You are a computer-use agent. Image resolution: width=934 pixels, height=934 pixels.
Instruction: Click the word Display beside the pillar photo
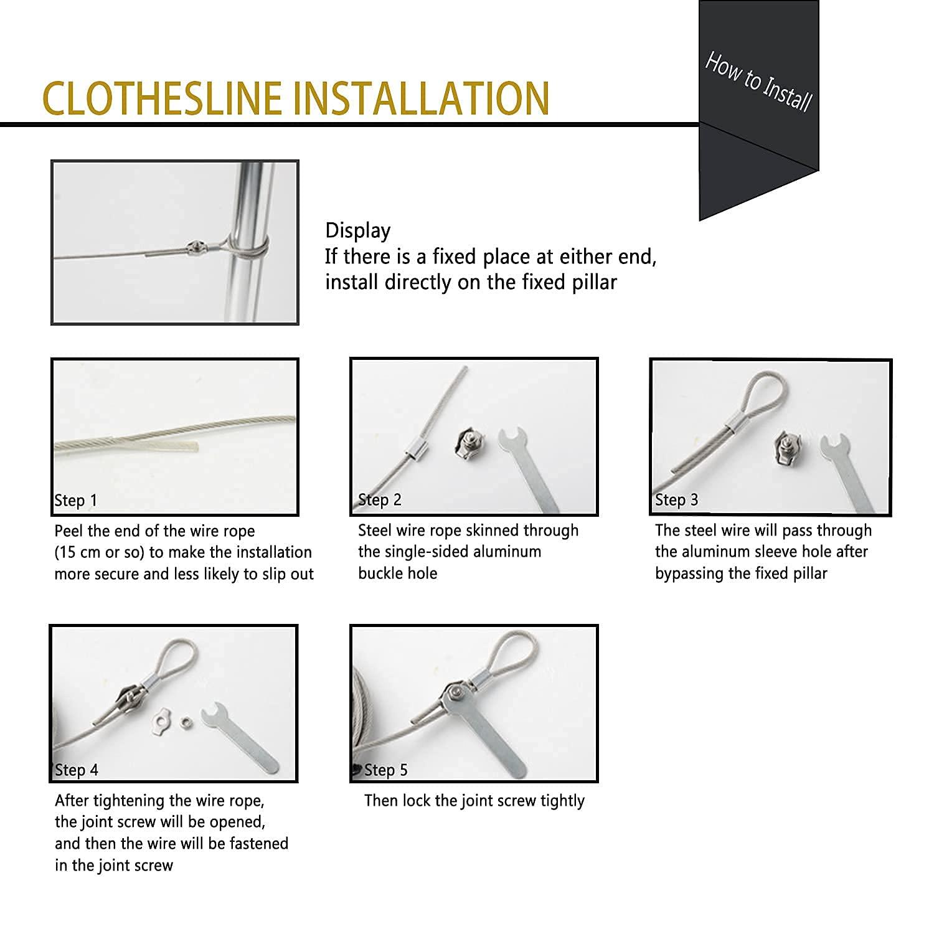click(x=357, y=231)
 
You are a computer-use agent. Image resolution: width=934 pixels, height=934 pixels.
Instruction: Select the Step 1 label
click(x=76, y=501)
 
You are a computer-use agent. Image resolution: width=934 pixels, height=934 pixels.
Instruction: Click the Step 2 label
click(x=380, y=500)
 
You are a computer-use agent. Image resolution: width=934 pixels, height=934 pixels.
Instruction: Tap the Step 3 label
click(x=676, y=500)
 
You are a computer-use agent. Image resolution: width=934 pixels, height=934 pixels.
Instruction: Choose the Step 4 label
click(x=77, y=770)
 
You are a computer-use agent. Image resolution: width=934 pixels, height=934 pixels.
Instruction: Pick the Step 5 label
click(x=385, y=770)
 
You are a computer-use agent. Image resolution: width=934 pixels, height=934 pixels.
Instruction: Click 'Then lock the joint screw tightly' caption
click(x=474, y=801)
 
